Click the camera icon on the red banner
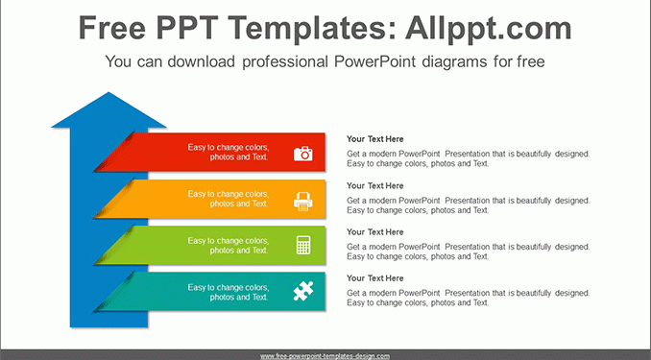[303, 154]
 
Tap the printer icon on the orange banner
[303, 202]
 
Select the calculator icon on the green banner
[303, 245]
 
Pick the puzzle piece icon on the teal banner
[303, 291]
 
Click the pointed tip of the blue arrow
[108, 92]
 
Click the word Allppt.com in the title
[488, 28]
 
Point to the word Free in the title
[111, 28]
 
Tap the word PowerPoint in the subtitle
[374, 61]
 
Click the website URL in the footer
[325, 356]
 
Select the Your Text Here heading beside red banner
[374, 139]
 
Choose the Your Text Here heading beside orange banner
[374, 185]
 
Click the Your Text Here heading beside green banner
[374, 232]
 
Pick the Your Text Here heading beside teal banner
[374, 278]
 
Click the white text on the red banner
[229, 152]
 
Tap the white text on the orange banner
[229, 199]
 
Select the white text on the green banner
[229, 246]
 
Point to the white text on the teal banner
[229, 292]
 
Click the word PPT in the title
[186, 28]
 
